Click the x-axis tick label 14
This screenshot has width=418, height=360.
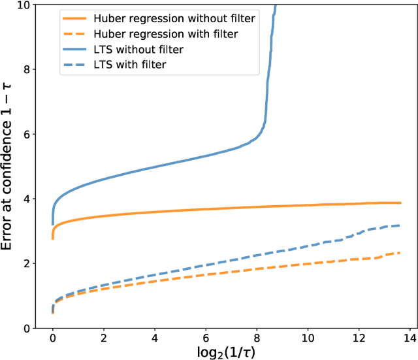[x=410, y=340]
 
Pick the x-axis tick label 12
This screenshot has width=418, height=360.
[x=359, y=340]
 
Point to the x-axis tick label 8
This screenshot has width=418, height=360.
[x=257, y=340]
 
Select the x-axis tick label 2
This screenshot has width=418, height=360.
[x=104, y=340]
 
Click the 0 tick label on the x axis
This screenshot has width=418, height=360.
[x=53, y=340]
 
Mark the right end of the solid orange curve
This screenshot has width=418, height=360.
[x=400, y=203]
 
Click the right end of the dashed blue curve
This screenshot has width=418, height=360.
[x=399, y=225]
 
